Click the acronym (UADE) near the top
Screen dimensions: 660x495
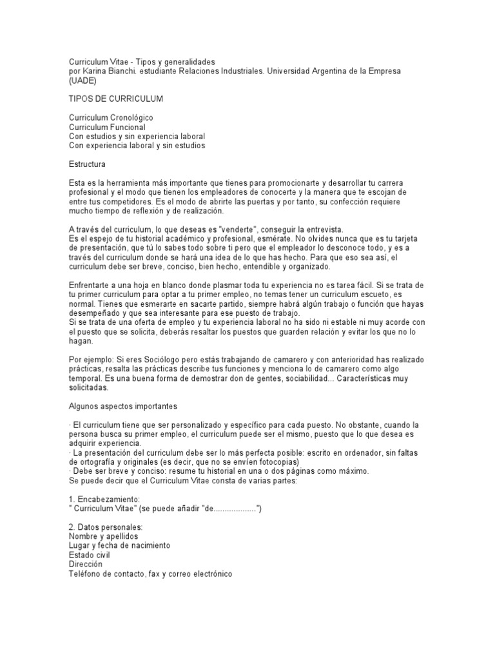coord(82,81)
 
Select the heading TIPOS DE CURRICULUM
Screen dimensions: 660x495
coord(115,99)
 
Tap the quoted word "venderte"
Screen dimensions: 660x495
coord(218,230)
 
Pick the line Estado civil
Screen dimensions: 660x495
coord(89,554)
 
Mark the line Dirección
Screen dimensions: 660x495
coord(86,563)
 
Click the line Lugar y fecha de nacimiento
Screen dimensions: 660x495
coord(119,545)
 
